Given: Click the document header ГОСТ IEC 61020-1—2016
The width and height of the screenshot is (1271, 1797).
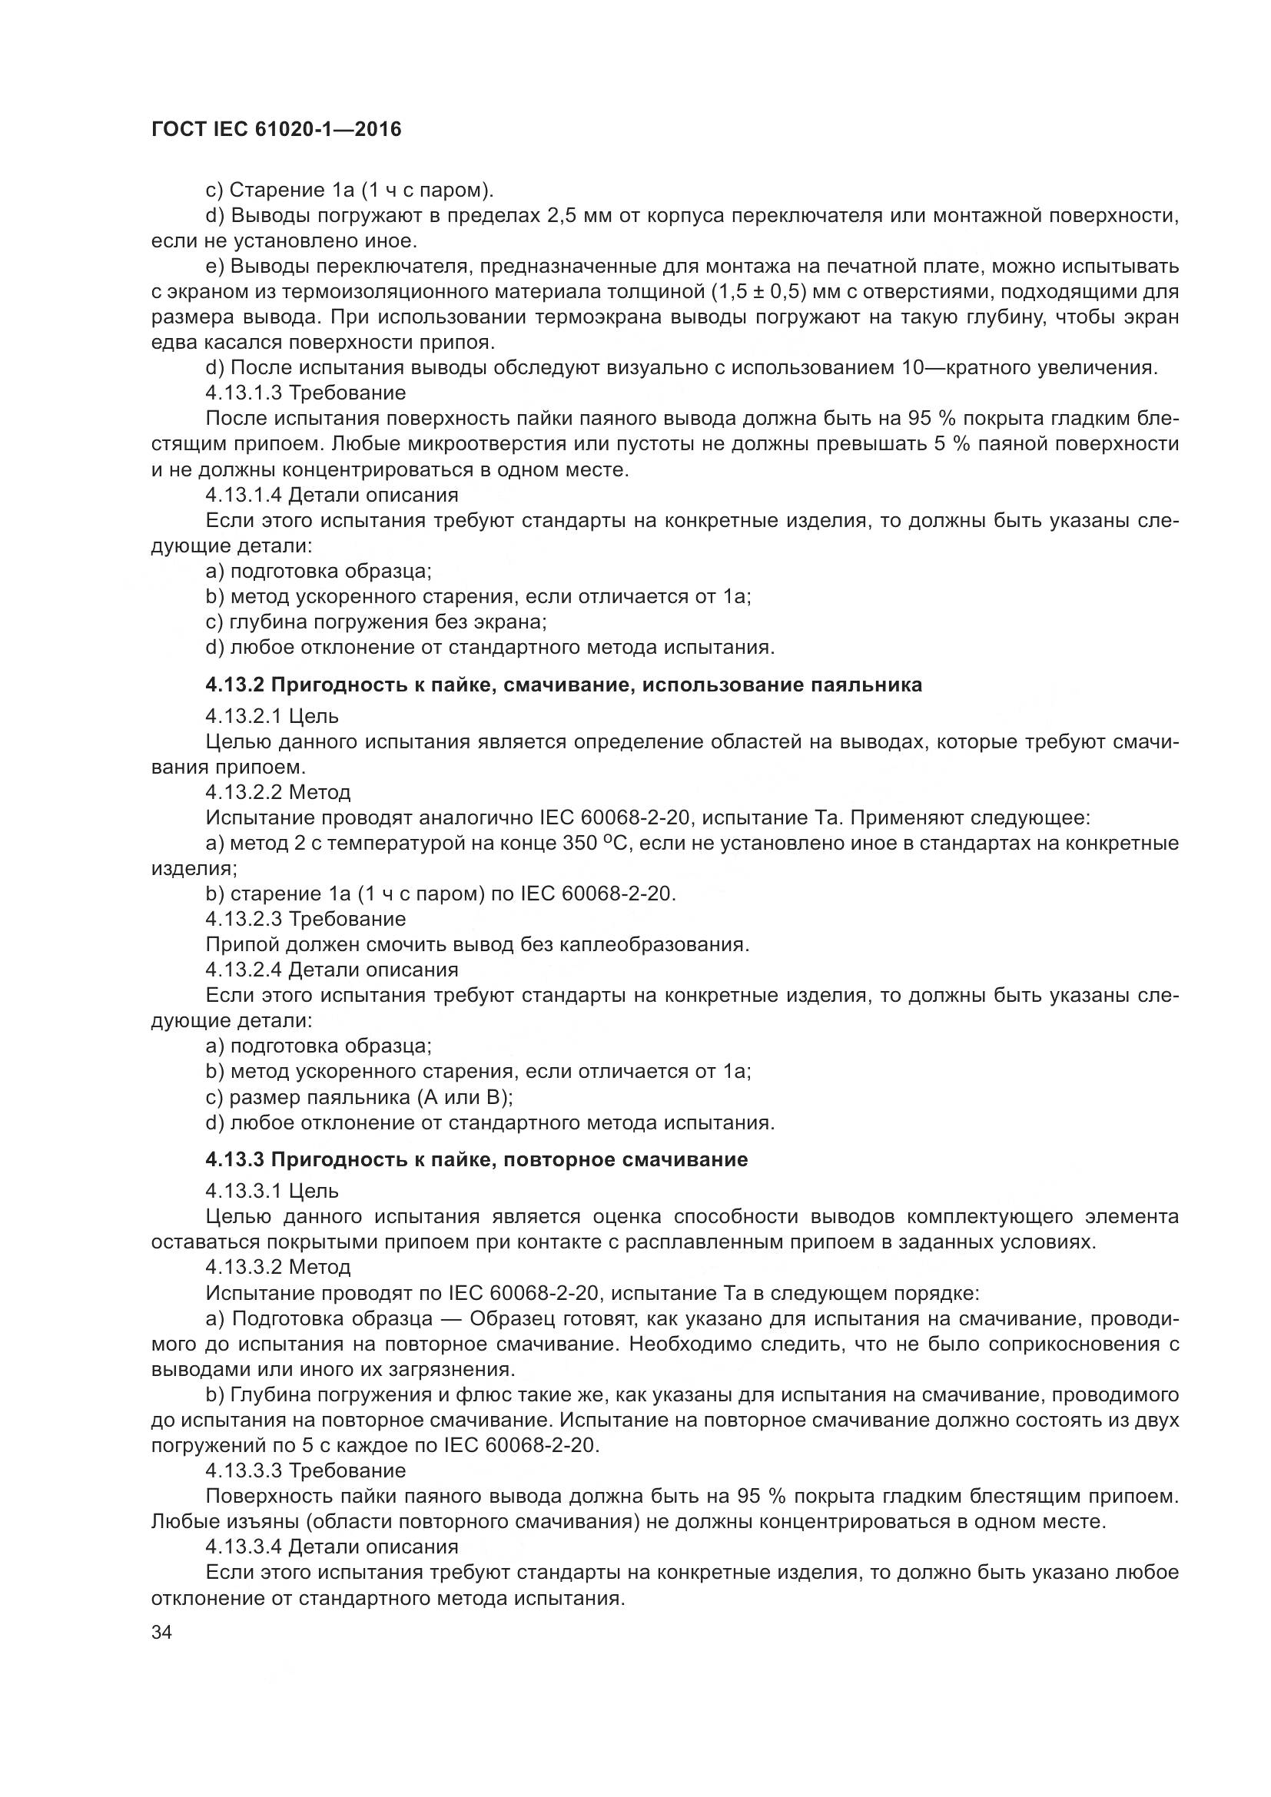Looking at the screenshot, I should coord(276,129).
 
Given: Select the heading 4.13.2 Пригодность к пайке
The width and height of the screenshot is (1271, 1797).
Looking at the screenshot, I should coord(563,685).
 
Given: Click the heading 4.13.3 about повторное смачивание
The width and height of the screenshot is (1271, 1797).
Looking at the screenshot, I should coord(476,1159).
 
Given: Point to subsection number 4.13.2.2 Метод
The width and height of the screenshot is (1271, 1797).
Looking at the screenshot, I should coord(278,792).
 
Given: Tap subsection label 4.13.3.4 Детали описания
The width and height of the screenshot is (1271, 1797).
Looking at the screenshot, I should coord(332,1547).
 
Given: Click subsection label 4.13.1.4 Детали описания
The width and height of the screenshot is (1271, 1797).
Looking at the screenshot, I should coord(332,495).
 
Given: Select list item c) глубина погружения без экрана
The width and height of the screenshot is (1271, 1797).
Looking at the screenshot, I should coord(376,622).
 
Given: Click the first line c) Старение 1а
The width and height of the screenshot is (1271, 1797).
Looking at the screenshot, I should coord(349,191).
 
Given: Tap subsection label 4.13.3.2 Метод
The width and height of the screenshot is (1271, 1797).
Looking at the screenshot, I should coord(278,1266).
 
